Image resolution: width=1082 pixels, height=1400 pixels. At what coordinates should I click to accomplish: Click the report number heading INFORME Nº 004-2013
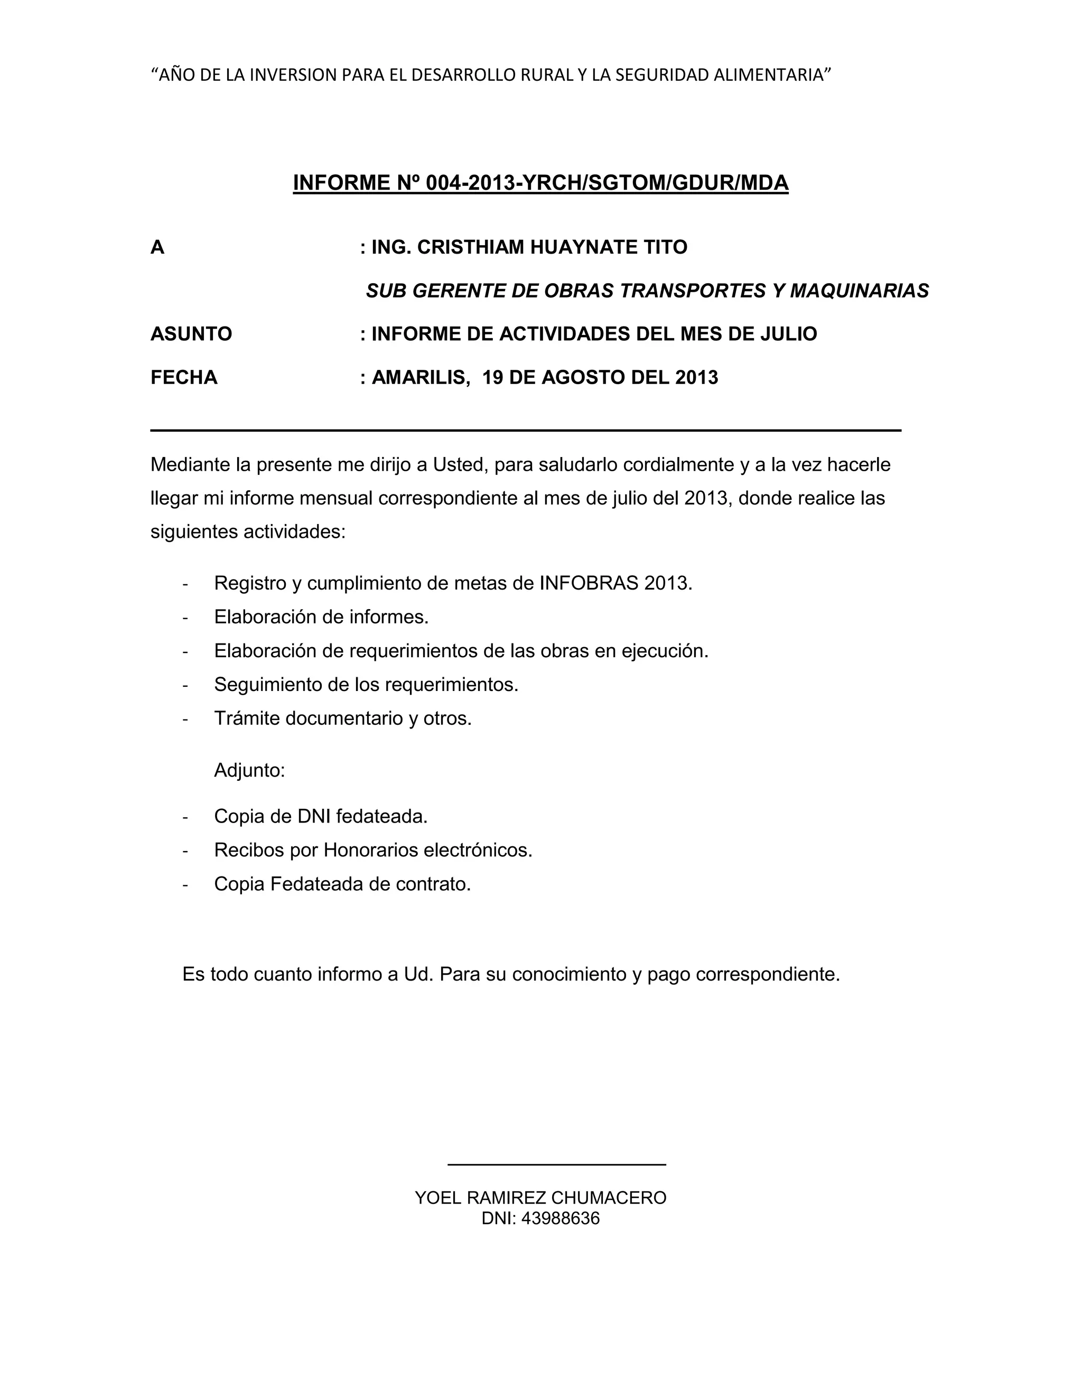click(540, 183)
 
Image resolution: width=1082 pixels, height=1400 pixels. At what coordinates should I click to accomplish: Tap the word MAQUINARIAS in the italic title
click(859, 291)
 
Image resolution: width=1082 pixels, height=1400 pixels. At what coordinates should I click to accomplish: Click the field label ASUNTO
click(191, 334)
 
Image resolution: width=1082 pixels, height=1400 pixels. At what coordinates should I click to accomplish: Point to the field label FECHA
click(184, 378)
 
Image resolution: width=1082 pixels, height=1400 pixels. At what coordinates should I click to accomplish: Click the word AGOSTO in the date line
click(582, 378)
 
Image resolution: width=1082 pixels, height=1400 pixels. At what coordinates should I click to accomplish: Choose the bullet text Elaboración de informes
click(321, 617)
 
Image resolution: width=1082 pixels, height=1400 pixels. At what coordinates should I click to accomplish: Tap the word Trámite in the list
click(247, 718)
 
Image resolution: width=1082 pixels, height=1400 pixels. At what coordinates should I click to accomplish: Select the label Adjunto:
click(249, 770)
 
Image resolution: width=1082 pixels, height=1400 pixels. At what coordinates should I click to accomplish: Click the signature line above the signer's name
click(556, 1164)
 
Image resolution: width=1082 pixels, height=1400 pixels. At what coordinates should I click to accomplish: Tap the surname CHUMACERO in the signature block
click(609, 1198)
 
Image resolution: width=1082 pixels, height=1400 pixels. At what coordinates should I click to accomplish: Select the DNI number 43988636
click(560, 1218)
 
